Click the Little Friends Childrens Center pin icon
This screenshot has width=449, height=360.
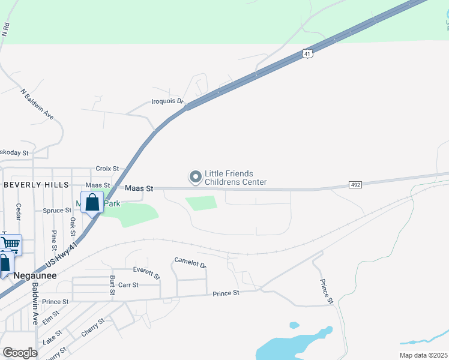click(195, 177)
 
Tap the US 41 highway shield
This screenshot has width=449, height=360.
click(307, 53)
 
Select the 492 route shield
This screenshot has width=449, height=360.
click(355, 185)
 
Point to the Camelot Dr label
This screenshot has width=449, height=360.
click(190, 263)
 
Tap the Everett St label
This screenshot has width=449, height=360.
click(147, 274)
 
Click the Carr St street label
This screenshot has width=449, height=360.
click(128, 285)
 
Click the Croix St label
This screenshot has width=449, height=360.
click(107, 169)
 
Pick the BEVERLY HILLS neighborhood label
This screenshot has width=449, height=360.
click(35, 185)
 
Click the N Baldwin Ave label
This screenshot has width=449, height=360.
click(37, 104)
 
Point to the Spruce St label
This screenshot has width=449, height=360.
click(58, 211)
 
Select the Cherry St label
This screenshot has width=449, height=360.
click(92, 326)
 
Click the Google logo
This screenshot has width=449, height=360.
click(20, 353)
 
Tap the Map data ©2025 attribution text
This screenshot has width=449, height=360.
click(423, 355)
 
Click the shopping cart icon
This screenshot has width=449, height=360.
click(10, 244)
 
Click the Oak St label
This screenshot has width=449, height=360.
click(73, 226)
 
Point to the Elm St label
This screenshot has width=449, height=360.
click(50, 317)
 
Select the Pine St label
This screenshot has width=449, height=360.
click(54, 240)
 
